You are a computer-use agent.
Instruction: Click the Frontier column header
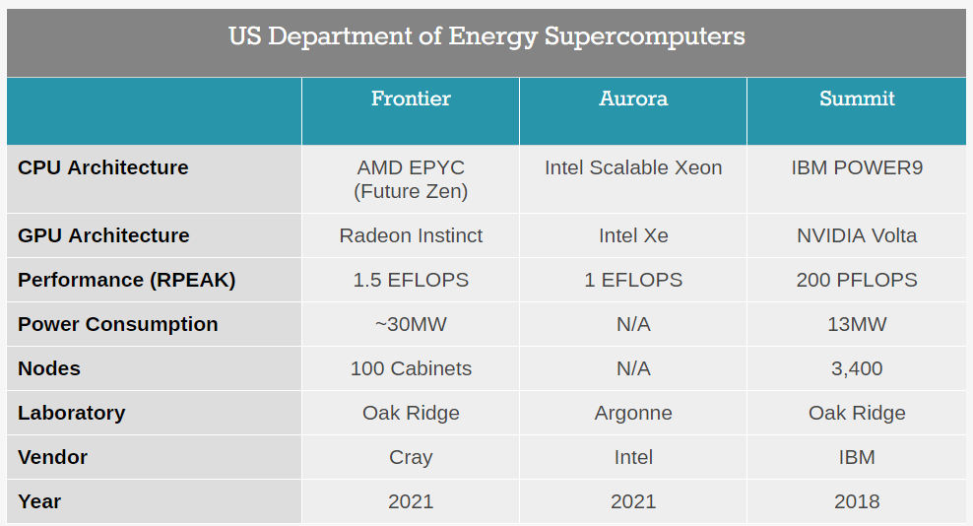[x=411, y=99]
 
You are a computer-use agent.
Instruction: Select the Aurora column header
[x=633, y=99]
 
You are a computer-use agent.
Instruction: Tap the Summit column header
[x=857, y=99]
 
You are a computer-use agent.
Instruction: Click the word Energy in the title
[x=492, y=37]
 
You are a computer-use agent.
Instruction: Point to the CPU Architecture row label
[x=103, y=167]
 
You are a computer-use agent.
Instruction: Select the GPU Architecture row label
[x=103, y=235]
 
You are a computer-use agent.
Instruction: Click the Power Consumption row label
[x=118, y=324]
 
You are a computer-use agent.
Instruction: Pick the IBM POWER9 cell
[x=857, y=167]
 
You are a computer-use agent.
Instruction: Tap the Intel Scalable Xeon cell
[x=633, y=167]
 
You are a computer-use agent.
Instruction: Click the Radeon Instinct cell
[x=411, y=235]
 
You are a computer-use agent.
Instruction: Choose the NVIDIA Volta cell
[x=857, y=235]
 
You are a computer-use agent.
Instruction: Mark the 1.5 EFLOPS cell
[x=411, y=280]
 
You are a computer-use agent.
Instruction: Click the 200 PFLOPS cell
[x=857, y=280]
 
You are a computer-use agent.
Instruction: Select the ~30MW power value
[x=411, y=324]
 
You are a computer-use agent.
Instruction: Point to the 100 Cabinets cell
[x=411, y=368]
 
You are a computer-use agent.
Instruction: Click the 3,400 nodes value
[x=857, y=368]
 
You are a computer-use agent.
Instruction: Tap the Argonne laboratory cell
[x=633, y=413]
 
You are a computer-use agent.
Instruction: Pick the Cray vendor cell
[x=411, y=458]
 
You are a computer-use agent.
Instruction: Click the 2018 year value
[x=857, y=501]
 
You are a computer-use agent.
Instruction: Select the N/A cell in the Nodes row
[x=633, y=368]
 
